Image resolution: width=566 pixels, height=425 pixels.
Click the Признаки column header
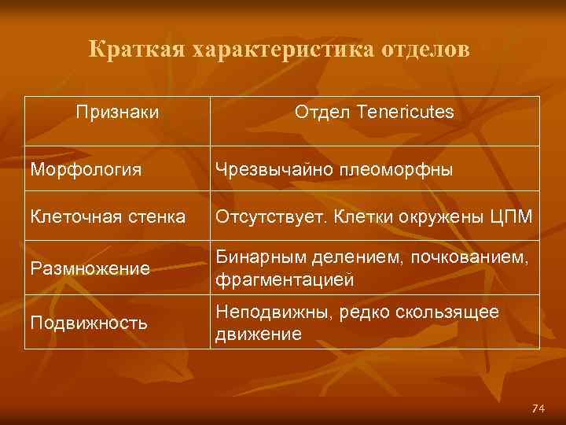[x=118, y=113]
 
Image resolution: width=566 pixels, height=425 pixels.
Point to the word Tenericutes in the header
[x=404, y=113]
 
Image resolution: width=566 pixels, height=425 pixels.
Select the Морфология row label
[x=86, y=169]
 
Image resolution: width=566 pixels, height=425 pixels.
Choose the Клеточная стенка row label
[x=108, y=214]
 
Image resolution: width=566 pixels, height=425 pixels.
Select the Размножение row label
[x=90, y=269]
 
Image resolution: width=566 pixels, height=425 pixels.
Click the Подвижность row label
[x=90, y=323]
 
